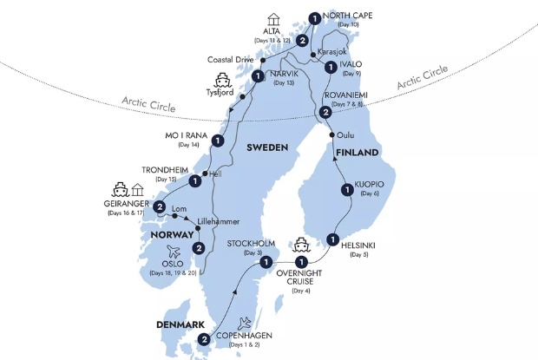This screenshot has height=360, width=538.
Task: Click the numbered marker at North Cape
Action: (314, 16)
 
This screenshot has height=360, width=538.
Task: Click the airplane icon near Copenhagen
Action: (245, 320)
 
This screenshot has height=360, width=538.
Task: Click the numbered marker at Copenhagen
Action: (204, 339)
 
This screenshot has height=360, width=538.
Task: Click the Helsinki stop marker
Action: (333, 239)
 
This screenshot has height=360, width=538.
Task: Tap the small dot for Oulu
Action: (332, 136)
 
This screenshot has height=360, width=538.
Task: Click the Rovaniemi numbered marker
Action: (325, 112)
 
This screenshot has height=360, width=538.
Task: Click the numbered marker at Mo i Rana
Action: (218, 140)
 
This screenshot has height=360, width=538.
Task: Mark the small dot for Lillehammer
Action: (198, 228)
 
